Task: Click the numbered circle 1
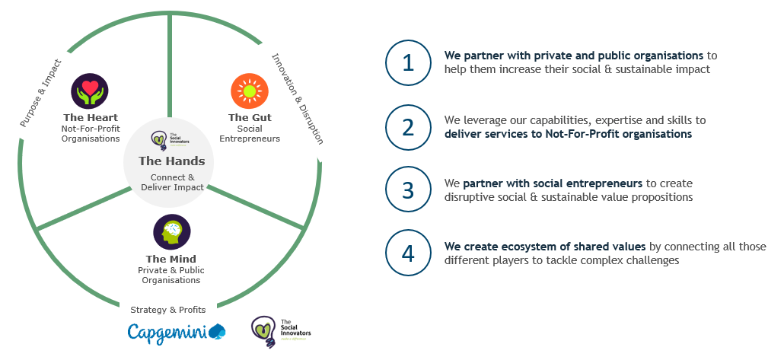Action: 408,62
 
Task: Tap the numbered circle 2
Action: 408,126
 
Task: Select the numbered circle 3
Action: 408,190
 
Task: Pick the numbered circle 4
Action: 408,253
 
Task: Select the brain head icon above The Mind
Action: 171,233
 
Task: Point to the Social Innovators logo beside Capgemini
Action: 281,331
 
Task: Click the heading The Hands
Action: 171,161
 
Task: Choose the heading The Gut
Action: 250,117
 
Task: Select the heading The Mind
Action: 171,260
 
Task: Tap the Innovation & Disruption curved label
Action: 298,98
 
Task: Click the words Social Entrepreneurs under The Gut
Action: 250,133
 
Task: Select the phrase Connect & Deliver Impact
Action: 172,182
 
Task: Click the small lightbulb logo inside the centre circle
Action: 159,141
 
